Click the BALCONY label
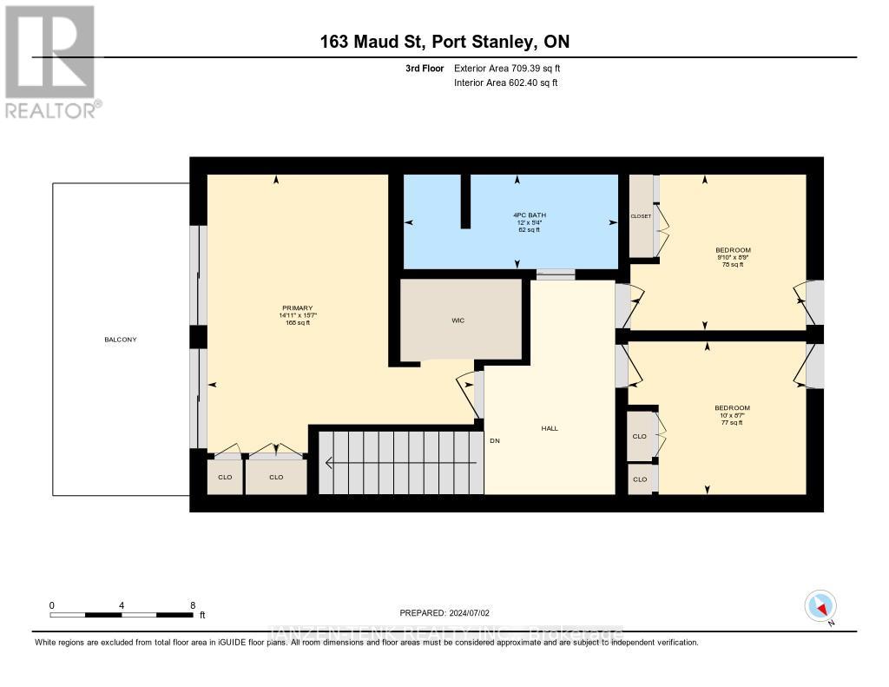(x=121, y=340)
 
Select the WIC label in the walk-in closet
(x=458, y=320)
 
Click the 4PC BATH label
(x=517, y=215)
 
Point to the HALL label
(x=550, y=428)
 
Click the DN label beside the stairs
(x=495, y=440)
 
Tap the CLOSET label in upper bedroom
(x=641, y=216)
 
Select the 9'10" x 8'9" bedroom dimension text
(x=732, y=257)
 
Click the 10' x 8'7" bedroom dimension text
(x=732, y=416)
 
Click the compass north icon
(x=820, y=605)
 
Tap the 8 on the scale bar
(x=193, y=605)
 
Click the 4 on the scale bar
(x=122, y=605)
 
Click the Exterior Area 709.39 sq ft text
(x=513, y=69)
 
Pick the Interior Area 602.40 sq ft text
(x=505, y=83)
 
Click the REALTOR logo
(x=51, y=61)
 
